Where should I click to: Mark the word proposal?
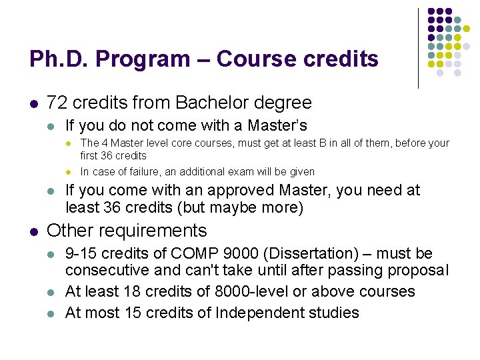point(419,270)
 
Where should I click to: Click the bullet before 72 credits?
point(33,103)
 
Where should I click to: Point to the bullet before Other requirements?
point(33,231)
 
